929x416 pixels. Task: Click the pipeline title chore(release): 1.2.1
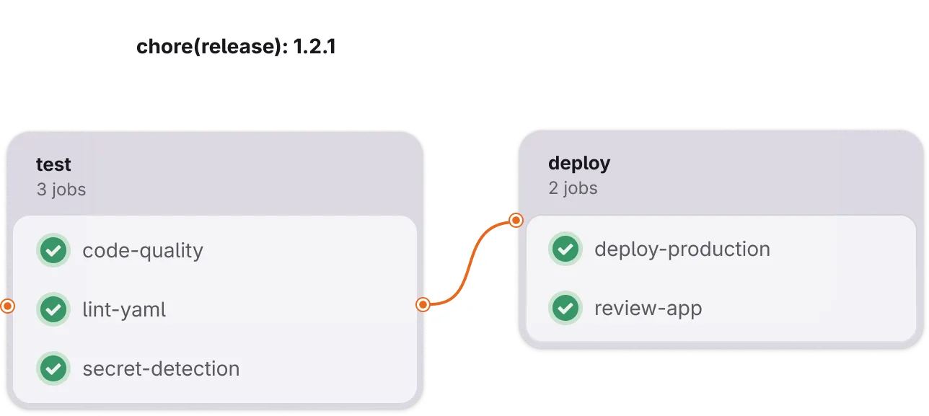coord(236,46)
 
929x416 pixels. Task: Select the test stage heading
coord(53,164)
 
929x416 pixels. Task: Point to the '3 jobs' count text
coord(61,190)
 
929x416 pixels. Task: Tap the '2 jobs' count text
coord(573,188)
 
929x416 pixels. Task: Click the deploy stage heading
coord(579,164)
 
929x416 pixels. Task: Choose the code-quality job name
coord(143,251)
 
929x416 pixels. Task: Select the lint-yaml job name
coord(124,310)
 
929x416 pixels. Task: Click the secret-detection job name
coord(161,368)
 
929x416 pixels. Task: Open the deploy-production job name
coord(682,249)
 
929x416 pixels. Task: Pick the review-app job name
coord(648,309)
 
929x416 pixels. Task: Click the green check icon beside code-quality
coord(53,250)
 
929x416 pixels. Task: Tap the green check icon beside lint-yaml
coord(53,309)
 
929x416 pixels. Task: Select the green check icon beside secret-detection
coord(53,368)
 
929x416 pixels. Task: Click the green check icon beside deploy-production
coord(565,249)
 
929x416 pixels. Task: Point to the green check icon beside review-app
coord(565,308)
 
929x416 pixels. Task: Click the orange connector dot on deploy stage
coord(516,220)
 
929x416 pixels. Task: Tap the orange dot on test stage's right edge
coord(423,305)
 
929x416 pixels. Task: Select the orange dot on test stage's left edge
coord(7,306)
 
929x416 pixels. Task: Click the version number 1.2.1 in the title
coord(314,46)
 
